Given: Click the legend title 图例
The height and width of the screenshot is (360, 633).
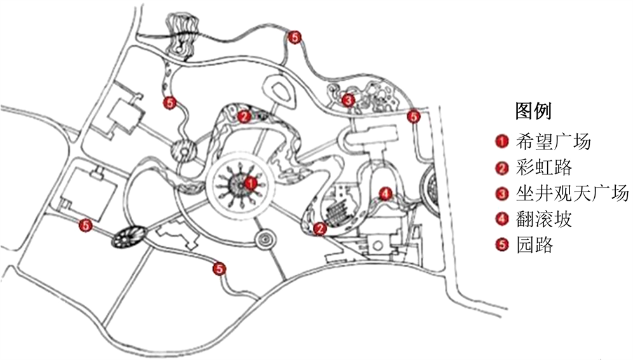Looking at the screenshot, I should pyautogui.click(x=533, y=111).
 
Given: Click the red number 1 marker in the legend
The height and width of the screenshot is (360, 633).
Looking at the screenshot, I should pyautogui.click(x=502, y=141).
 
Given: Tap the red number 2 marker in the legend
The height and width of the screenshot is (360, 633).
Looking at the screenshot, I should pyautogui.click(x=502, y=167).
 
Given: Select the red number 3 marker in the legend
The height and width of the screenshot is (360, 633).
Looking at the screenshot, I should pyautogui.click(x=502, y=193).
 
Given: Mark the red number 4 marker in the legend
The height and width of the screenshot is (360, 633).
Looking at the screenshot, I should pyautogui.click(x=502, y=219).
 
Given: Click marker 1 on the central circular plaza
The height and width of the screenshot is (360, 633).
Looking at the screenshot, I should pyautogui.click(x=250, y=183).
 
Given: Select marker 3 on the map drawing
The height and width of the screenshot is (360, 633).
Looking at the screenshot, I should pyautogui.click(x=348, y=100).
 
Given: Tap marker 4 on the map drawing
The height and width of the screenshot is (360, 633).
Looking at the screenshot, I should pyautogui.click(x=384, y=193).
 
